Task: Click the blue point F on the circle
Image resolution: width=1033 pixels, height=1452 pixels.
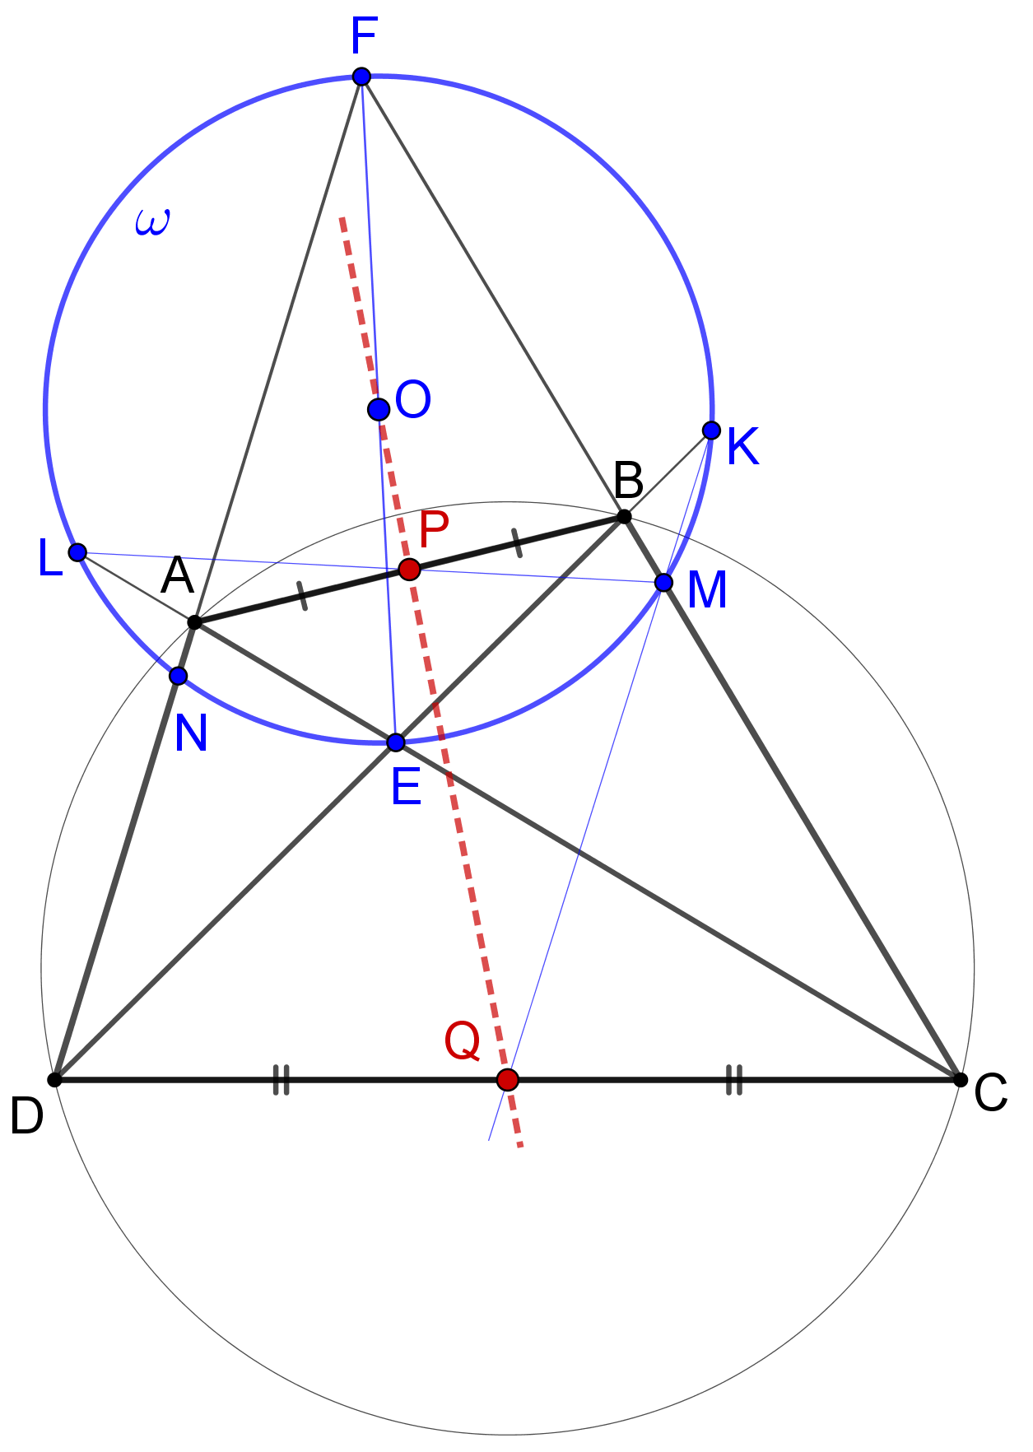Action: tap(361, 77)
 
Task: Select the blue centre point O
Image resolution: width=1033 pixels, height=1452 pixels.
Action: tap(379, 408)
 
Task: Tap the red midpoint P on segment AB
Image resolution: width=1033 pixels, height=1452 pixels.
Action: tap(409, 569)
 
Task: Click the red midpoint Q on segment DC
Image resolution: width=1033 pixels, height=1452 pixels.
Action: tap(508, 1079)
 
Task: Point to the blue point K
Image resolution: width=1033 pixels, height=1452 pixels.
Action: tap(711, 430)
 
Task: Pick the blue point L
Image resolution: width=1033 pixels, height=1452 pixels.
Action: tap(77, 551)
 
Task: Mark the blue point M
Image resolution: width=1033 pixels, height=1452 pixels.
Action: tap(663, 583)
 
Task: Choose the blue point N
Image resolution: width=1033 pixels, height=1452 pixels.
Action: tap(178, 676)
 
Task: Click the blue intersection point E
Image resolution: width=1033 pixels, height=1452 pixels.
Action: tap(396, 742)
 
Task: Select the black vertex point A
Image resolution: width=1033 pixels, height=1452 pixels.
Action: tap(194, 621)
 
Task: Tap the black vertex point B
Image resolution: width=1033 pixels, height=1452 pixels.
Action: tap(624, 516)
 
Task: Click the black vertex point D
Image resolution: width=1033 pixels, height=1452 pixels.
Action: tap(54, 1079)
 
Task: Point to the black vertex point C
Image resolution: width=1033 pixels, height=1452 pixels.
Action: tap(960, 1079)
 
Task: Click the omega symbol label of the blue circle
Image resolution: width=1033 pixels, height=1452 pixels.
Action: tap(152, 222)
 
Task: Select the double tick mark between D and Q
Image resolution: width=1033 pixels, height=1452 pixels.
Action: tap(282, 1079)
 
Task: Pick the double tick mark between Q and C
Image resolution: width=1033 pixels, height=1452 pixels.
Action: tap(734, 1079)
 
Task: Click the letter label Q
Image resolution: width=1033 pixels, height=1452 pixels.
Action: tap(462, 1041)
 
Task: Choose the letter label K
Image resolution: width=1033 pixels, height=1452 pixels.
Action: tap(742, 448)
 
